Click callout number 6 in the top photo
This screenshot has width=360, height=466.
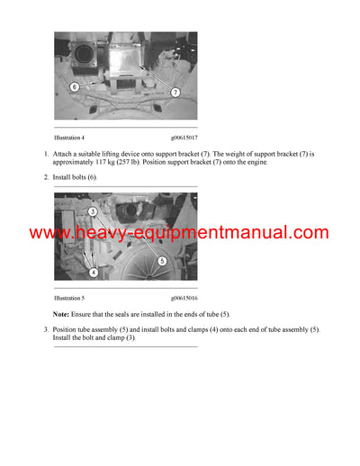tap(75, 87)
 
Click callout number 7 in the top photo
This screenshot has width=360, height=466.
tap(175, 92)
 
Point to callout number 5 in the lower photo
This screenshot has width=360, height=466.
tap(161, 261)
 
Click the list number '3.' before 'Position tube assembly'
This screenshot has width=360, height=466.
tap(46, 329)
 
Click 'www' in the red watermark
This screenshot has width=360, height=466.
tap(50, 233)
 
